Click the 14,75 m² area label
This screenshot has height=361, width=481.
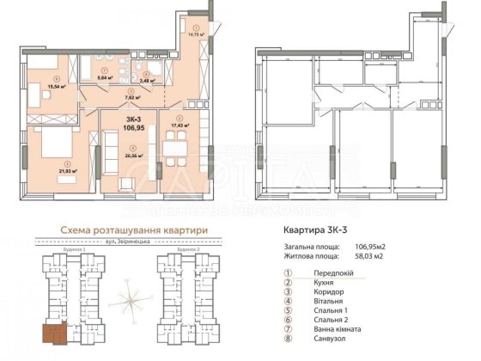pos(196,37)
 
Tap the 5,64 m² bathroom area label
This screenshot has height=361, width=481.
pos(105,77)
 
